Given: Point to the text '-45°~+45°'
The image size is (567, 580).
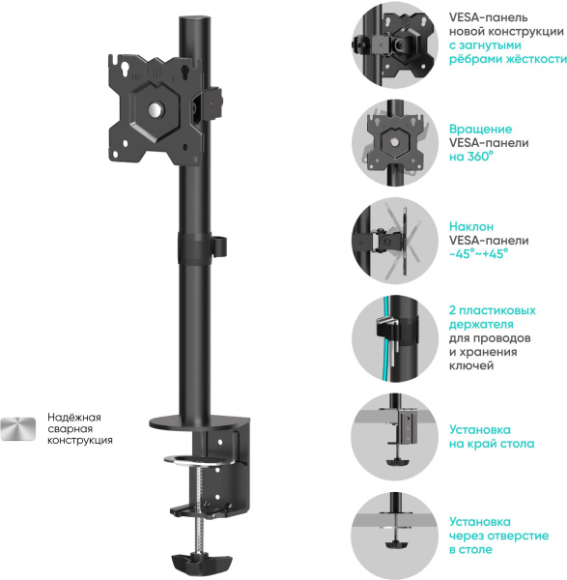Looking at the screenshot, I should tap(478, 254).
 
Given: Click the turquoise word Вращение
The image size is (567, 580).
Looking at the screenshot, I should tap(480, 129).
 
